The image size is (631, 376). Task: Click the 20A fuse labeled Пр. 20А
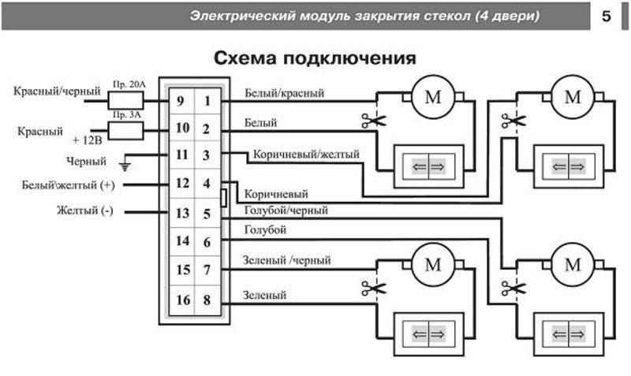click(125, 100)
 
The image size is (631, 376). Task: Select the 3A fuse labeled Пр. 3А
click(125, 129)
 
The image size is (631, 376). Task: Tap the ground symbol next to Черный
click(123, 164)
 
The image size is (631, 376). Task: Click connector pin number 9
click(181, 101)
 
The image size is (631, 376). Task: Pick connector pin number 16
click(181, 300)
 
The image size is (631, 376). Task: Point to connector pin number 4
click(207, 184)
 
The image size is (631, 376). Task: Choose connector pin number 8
click(207, 300)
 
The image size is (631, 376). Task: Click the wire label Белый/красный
click(285, 93)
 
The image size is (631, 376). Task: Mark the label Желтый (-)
click(84, 211)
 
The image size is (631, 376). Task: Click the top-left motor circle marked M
click(433, 98)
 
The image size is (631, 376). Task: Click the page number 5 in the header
click(607, 16)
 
